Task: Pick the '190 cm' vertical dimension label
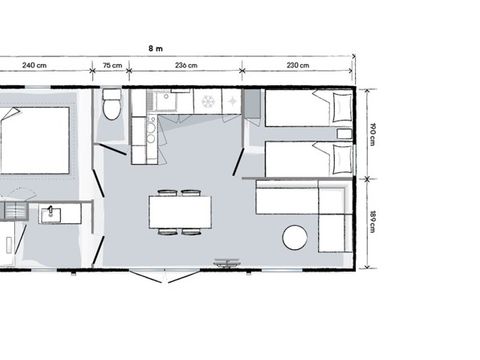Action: pyautogui.click(x=370, y=133)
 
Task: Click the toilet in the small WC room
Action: pyautogui.click(x=111, y=106)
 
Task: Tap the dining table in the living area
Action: pyautogui.click(x=180, y=212)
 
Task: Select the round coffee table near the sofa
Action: pyautogui.click(x=295, y=238)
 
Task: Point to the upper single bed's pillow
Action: pyautogui.click(x=325, y=106)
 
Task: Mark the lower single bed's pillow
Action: pyautogui.click(x=326, y=157)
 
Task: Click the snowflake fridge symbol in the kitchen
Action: pyautogui.click(x=208, y=101)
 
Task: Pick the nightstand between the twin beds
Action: pyautogui.click(x=344, y=133)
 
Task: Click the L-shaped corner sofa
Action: pyautogui.click(x=300, y=204)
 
